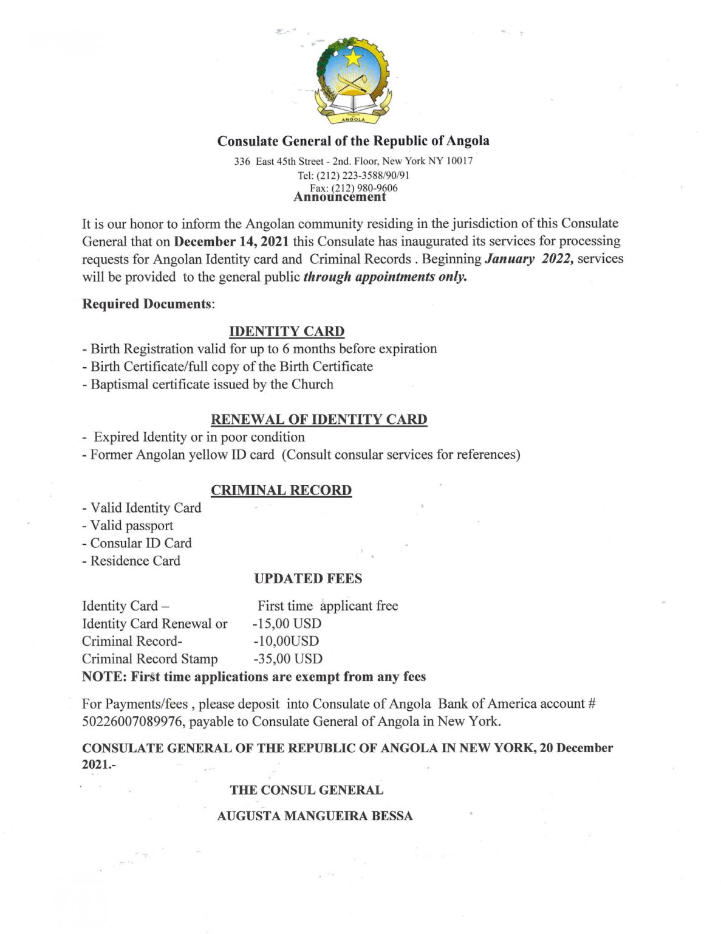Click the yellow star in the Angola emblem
click(353, 58)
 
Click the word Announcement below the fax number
click(340, 197)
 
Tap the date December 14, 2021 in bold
click(231, 241)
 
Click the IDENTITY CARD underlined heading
click(287, 331)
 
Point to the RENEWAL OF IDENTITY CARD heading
click(319, 420)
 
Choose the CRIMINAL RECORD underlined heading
click(281, 491)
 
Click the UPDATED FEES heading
click(308, 579)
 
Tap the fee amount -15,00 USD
click(287, 624)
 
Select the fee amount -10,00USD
click(285, 642)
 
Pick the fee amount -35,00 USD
click(287, 659)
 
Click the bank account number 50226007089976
click(132, 722)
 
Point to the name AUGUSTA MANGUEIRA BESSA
click(315, 816)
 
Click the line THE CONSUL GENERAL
click(306, 790)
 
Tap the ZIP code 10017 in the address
click(459, 161)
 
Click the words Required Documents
click(148, 304)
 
